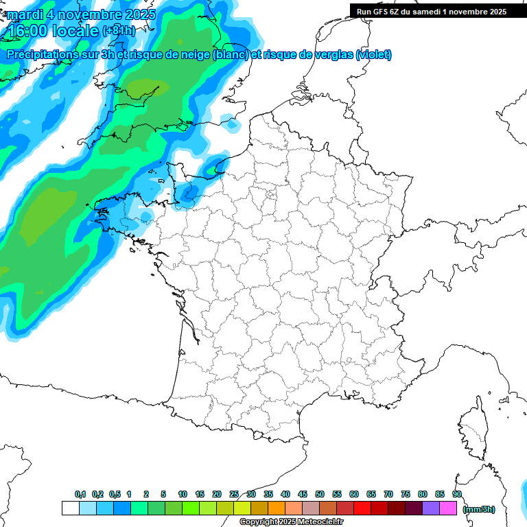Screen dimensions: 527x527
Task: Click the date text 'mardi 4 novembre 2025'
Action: point(82,14)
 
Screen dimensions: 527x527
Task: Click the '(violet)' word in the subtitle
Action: point(374,55)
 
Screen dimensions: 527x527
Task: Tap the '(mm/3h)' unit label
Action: point(478,508)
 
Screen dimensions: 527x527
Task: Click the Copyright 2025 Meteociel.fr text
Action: point(291,522)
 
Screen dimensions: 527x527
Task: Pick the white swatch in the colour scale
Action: point(70,508)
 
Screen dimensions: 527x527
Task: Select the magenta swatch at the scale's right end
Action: point(448,508)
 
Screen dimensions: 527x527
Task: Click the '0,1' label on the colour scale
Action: point(80,494)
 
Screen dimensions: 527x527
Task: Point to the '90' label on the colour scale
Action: point(457,494)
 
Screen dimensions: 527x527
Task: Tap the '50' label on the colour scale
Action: point(320,494)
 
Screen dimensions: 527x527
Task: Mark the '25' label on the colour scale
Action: point(234,494)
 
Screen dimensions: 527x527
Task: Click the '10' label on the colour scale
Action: point(183,494)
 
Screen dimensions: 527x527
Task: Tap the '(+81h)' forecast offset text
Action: point(119,31)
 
